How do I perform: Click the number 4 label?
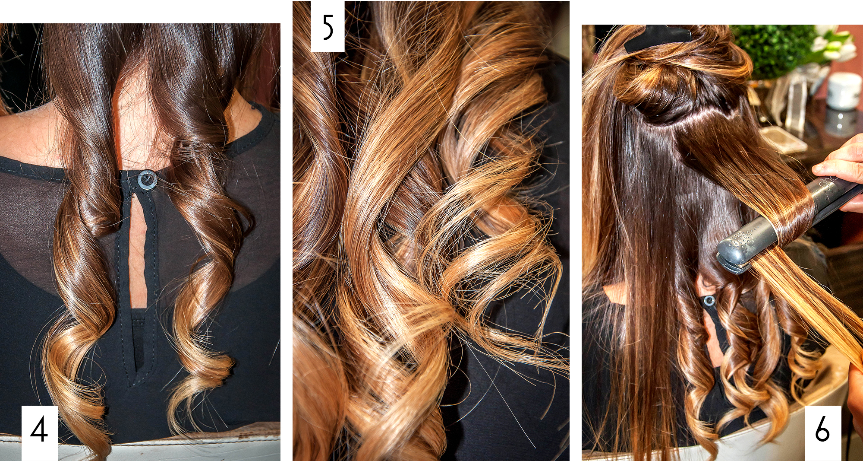click(x=39, y=430)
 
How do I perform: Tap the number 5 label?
click(x=328, y=27)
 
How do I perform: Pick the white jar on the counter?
click(x=844, y=91)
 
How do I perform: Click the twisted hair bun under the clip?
click(x=660, y=86)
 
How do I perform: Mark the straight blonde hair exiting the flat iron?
click(x=811, y=302)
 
